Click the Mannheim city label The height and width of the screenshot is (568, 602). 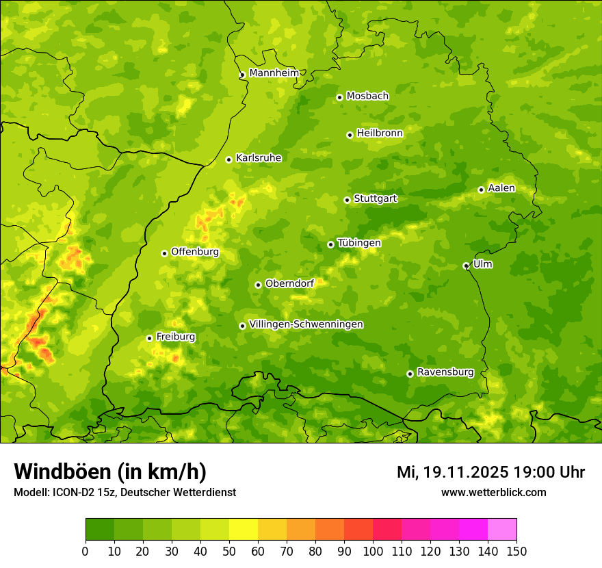[x=274, y=73]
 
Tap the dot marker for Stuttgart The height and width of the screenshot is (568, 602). [x=347, y=200]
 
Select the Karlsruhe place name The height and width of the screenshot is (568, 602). [x=259, y=158]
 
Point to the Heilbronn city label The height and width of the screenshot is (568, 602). [x=380, y=133]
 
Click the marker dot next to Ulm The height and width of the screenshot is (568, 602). [x=466, y=266]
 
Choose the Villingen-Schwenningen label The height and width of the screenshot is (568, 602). [x=306, y=324]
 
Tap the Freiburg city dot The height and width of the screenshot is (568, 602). [x=149, y=338]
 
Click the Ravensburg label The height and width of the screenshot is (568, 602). [x=445, y=372]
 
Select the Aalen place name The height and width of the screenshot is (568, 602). [x=501, y=188]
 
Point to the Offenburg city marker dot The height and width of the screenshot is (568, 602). [x=164, y=253]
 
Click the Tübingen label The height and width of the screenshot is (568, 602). [x=359, y=243]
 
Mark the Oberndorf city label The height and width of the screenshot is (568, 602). [x=289, y=283]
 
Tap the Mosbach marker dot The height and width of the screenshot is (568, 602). [x=339, y=97]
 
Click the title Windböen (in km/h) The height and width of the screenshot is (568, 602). [x=110, y=472]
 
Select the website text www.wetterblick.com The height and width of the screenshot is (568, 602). [x=493, y=492]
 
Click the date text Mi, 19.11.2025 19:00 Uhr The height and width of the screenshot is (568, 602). [x=490, y=472]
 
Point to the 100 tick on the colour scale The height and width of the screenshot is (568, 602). [x=373, y=551]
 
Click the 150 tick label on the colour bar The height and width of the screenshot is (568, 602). [x=516, y=551]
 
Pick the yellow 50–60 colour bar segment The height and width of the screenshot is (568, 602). [x=244, y=530]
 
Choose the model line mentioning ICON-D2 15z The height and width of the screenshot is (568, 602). [x=125, y=492]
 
